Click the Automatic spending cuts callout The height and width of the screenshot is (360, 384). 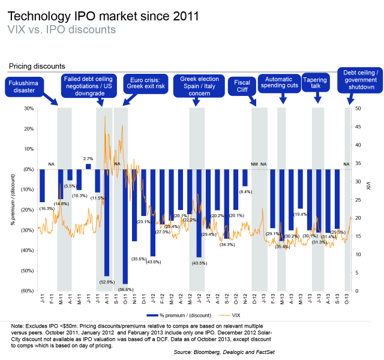pos(280,82)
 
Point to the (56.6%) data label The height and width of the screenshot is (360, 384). pos(125,289)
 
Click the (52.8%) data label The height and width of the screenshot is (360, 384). pos(106,281)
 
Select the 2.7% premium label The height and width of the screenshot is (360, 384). pos(88,158)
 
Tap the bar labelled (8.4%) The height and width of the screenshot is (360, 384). pos(245,178)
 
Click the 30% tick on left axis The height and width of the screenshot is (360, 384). pos(28,109)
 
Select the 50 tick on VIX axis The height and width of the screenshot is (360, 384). pos(358,109)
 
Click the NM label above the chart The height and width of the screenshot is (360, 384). pos(254,164)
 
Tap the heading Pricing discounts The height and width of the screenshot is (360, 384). pos(37,66)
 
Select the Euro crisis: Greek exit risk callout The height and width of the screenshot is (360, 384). pos(141,82)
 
